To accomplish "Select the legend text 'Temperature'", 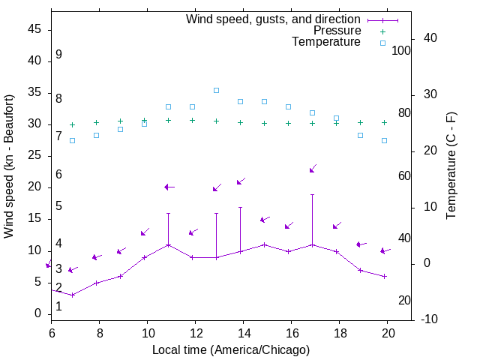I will pyautogui.click(x=326, y=42).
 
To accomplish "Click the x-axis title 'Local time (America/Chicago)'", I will pyautogui.click(x=231, y=349).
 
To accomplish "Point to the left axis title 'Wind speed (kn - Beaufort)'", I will pyautogui.click(x=9, y=166).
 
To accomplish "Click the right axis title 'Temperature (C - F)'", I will pyautogui.click(x=451, y=166).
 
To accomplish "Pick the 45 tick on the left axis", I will pyautogui.click(x=34, y=30).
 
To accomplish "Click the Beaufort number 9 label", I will pyautogui.click(x=58, y=55).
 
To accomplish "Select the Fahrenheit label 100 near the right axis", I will pyautogui.click(x=401, y=51).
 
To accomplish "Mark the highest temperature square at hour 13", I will pyautogui.click(x=216, y=90).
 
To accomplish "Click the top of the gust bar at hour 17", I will pyautogui.click(x=312, y=194).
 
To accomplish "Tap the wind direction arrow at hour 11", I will pyautogui.click(x=169, y=187).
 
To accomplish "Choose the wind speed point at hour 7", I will pyautogui.click(x=72, y=295).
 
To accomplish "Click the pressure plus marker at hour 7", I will pyautogui.click(x=72, y=124).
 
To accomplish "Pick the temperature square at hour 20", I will pyautogui.click(x=384, y=140).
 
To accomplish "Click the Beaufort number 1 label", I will pyautogui.click(x=58, y=307).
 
